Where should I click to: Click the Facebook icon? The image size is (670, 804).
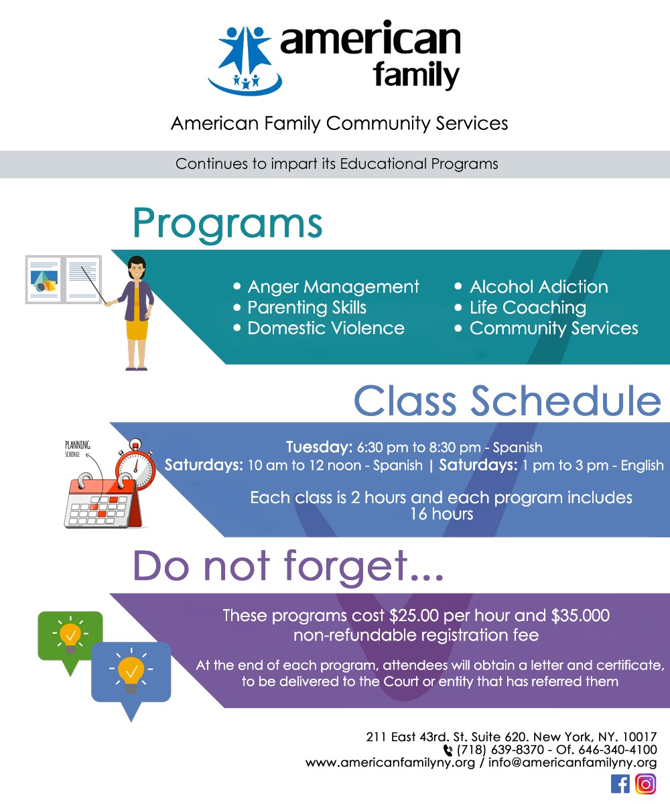tap(620, 784)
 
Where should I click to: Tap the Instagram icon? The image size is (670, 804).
tap(646, 784)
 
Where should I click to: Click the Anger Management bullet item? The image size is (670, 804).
tap(333, 287)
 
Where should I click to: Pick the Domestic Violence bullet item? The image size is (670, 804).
tap(326, 328)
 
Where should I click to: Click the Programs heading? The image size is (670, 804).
tap(228, 223)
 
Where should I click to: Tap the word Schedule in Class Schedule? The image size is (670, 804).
tap(566, 401)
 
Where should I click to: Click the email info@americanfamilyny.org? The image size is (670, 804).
tap(572, 762)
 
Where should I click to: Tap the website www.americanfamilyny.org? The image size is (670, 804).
tap(390, 762)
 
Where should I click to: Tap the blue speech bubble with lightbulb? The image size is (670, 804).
tap(131, 672)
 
